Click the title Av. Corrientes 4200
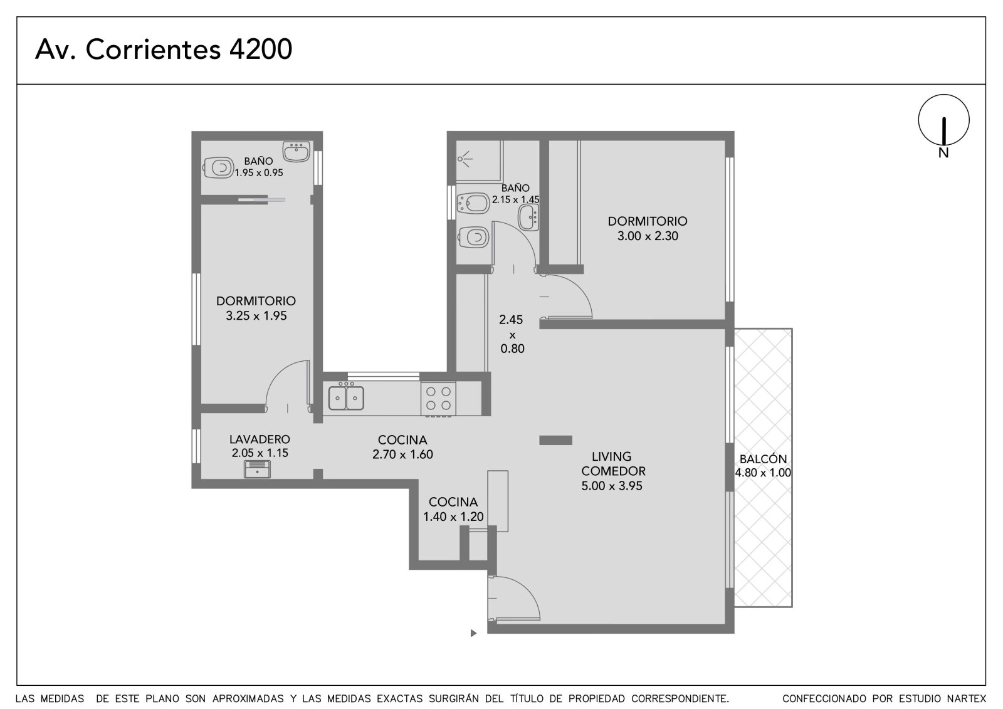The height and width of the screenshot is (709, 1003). click(x=164, y=50)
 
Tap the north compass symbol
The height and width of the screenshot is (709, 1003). click(x=943, y=125)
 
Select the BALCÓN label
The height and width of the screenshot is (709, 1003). click(x=763, y=459)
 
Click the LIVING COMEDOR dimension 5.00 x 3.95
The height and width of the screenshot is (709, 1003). click(x=612, y=486)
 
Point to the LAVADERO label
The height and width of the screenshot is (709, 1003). click(x=260, y=439)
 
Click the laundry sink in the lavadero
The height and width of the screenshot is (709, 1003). click(x=257, y=469)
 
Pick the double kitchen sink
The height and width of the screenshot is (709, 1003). click(x=345, y=397)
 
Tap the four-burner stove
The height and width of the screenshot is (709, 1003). click(x=438, y=399)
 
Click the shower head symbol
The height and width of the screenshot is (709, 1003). click(x=465, y=159)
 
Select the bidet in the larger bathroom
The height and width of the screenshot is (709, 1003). click(x=473, y=204)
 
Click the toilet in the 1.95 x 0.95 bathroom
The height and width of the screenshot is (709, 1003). click(x=219, y=168)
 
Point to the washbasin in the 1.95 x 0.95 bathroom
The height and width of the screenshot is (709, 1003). click(x=296, y=151)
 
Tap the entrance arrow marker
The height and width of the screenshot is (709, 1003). click(x=473, y=633)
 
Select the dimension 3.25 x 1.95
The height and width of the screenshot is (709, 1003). click(x=256, y=316)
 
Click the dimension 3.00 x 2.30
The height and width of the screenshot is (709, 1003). click(x=648, y=236)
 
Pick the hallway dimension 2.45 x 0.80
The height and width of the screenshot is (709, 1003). click(x=512, y=334)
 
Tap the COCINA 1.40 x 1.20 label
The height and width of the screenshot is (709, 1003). click(x=453, y=509)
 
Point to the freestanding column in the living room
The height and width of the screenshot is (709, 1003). click(x=555, y=440)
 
